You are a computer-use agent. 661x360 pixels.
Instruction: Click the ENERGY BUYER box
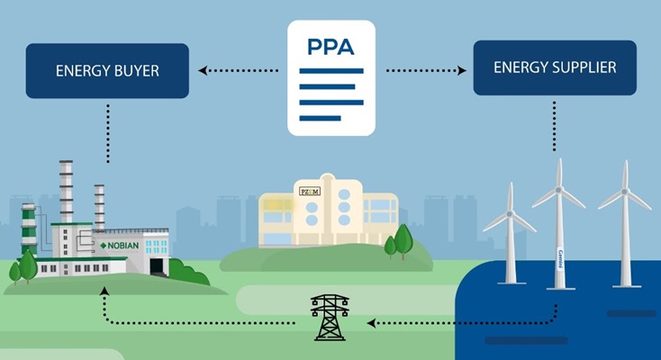tap(107, 68)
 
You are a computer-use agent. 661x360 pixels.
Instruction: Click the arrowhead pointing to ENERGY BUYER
tap(203, 68)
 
